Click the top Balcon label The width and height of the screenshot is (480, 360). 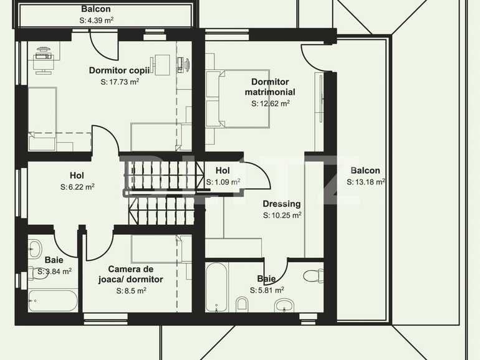point(96,9)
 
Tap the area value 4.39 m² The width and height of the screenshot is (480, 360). point(96,20)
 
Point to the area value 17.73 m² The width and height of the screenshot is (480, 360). point(119,81)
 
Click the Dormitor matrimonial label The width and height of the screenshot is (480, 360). point(270,87)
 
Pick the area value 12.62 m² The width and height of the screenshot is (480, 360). point(270,103)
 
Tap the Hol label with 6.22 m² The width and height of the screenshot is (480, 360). point(77,176)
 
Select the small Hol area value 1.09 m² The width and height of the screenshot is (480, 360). point(223,182)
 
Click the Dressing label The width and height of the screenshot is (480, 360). point(282,204)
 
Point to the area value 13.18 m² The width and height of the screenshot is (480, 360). point(365,182)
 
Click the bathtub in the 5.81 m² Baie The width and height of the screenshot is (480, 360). point(218,287)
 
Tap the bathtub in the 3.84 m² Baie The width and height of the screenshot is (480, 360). point(53,300)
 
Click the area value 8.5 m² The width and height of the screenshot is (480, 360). point(131,290)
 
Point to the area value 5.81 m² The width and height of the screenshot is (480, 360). point(267,290)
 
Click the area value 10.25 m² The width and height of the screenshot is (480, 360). point(282,215)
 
